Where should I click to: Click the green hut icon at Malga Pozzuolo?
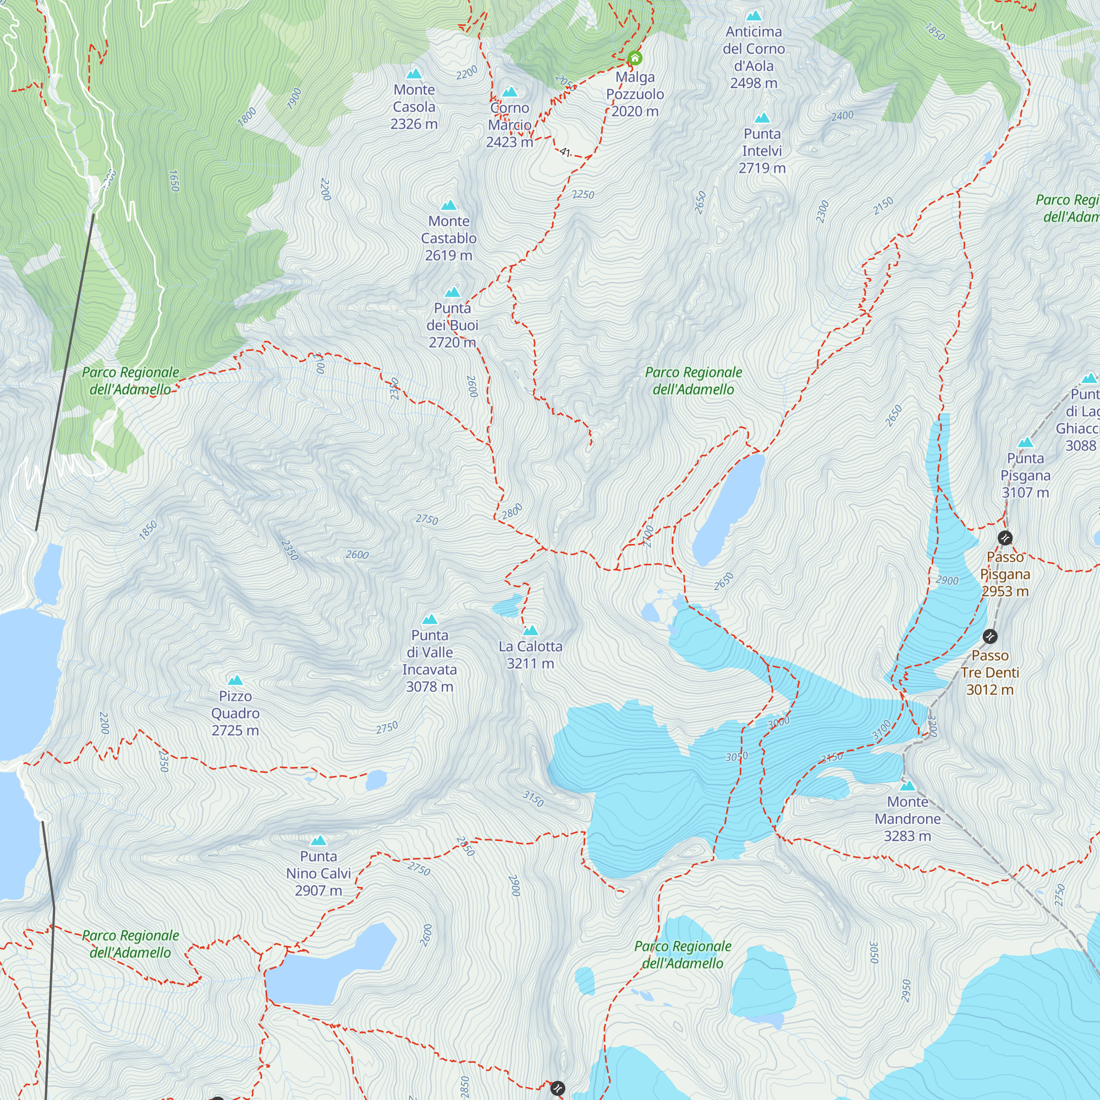click(x=635, y=58)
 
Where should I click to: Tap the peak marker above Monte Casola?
click(x=414, y=74)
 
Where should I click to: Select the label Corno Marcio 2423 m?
click(x=510, y=125)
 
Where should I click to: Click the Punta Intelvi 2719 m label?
click(x=762, y=151)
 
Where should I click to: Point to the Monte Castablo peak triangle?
click(x=449, y=206)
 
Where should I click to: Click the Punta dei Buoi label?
click(x=452, y=325)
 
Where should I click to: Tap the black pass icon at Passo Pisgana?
click(x=1005, y=537)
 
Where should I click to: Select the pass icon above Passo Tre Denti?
click(x=990, y=636)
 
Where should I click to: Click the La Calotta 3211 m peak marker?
click(x=530, y=630)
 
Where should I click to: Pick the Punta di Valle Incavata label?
click(x=430, y=661)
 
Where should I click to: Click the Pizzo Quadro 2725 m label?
click(x=235, y=713)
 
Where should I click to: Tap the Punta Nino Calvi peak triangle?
click(x=319, y=841)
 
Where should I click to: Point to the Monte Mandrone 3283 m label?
click(x=908, y=819)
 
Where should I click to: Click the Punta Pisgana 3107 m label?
click(x=1025, y=475)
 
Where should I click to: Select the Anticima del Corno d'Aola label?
click(x=754, y=57)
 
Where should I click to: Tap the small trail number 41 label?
click(x=565, y=152)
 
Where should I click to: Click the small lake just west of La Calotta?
click(x=507, y=606)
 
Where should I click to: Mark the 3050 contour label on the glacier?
click(x=736, y=757)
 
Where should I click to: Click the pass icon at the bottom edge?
click(x=558, y=1088)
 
